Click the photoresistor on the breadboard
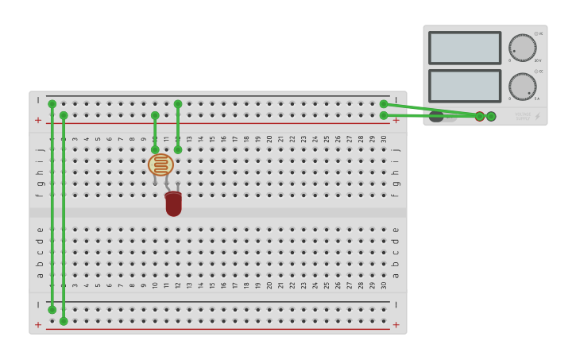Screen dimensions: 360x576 pyautogui.click(x=160, y=165)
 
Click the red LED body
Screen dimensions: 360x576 pyautogui.click(x=173, y=204)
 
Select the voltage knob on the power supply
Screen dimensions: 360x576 pyautogui.click(x=522, y=48)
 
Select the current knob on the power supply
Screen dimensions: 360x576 pyautogui.click(x=522, y=87)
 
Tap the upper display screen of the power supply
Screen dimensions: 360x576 pyautogui.click(x=465, y=48)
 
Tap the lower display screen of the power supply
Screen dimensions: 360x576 pyautogui.click(x=465, y=86)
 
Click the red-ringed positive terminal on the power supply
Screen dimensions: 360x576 pyautogui.click(x=480, y=116)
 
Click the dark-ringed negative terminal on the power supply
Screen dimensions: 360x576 pyautogui.click(x=491, y=116)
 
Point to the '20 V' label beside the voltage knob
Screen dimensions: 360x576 pyautogui.click(x=538, y=60)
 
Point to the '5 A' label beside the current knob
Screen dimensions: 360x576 pyautogui.click(x=537, y=99)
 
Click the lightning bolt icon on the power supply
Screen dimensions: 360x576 pyautogui.click(x=537, y=116)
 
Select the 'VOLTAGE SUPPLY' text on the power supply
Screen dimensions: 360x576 pyautogui.click(x=522, y=116)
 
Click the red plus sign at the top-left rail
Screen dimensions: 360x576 pyautogui.click(x=37, y=120)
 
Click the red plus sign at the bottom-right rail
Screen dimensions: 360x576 pyautogui.click(x=396, y=324)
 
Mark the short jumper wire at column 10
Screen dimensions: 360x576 pyautogui.click(x=155, y=132)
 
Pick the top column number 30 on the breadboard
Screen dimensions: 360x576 pyautogui.click(x=384, y=139)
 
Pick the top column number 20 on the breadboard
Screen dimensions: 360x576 pyautogui.click(x=269, y=139)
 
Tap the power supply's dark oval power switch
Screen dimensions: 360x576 pyautogui.click(x=437, y=117)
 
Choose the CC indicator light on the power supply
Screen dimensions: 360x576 pyautogui.click(x=536, y=72)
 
